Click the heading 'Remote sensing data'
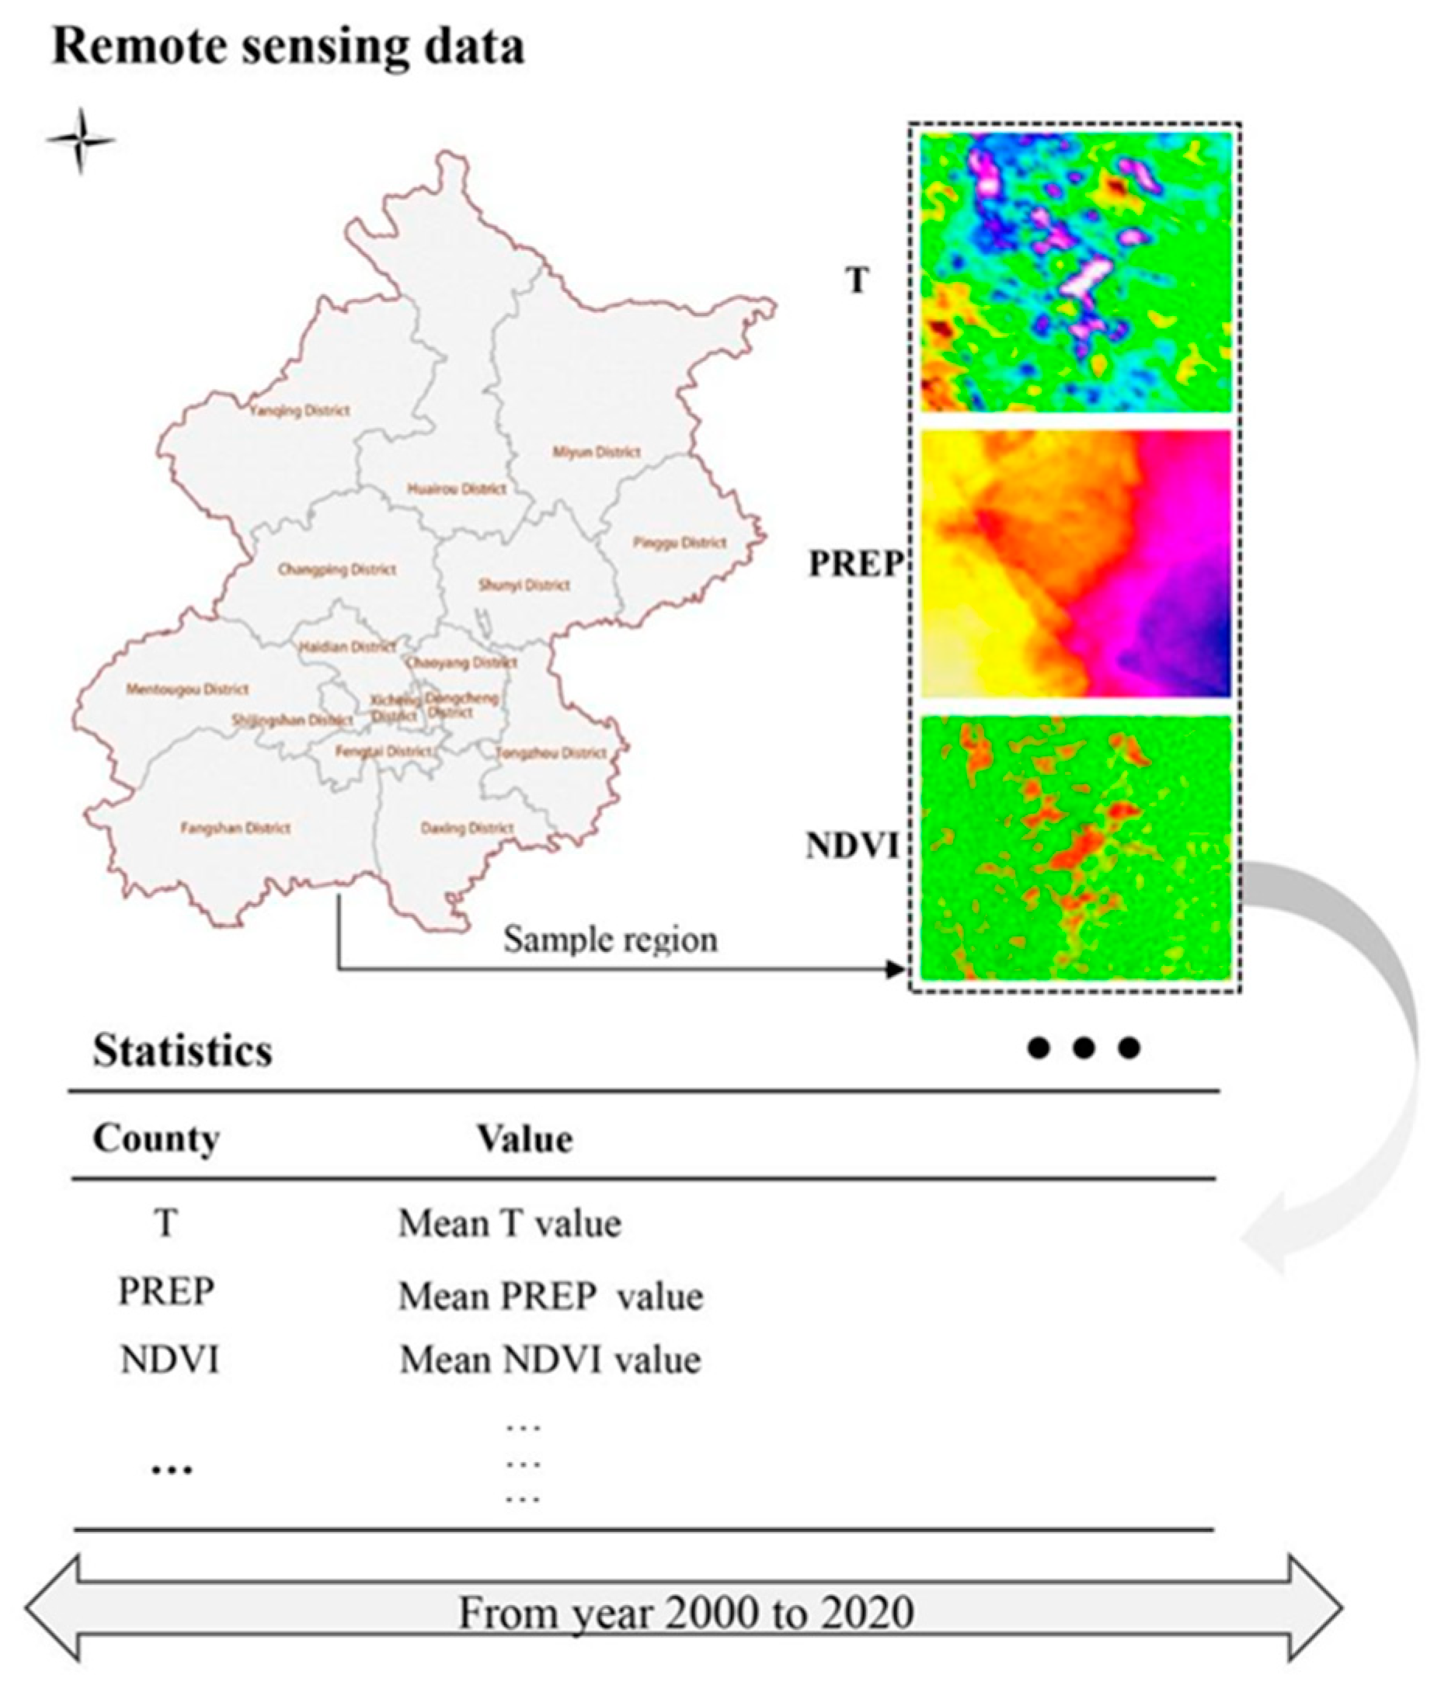(287, 47)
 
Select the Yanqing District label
(299, 411)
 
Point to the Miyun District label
(597, 452)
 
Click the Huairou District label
(457, 489)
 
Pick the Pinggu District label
(680, 542)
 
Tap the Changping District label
(336, 569)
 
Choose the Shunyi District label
(524, 585)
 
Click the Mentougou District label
(187, 690)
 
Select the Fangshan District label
(235, 828)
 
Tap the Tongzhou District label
(552, 753)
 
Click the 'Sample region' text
(611, 939)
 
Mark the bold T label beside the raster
(857, 281)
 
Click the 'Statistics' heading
(183, 1051)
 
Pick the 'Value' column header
(524, 1139)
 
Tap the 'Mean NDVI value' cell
(550, 1361)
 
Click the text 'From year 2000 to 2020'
(685, 1612)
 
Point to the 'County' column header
(156, 1138)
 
